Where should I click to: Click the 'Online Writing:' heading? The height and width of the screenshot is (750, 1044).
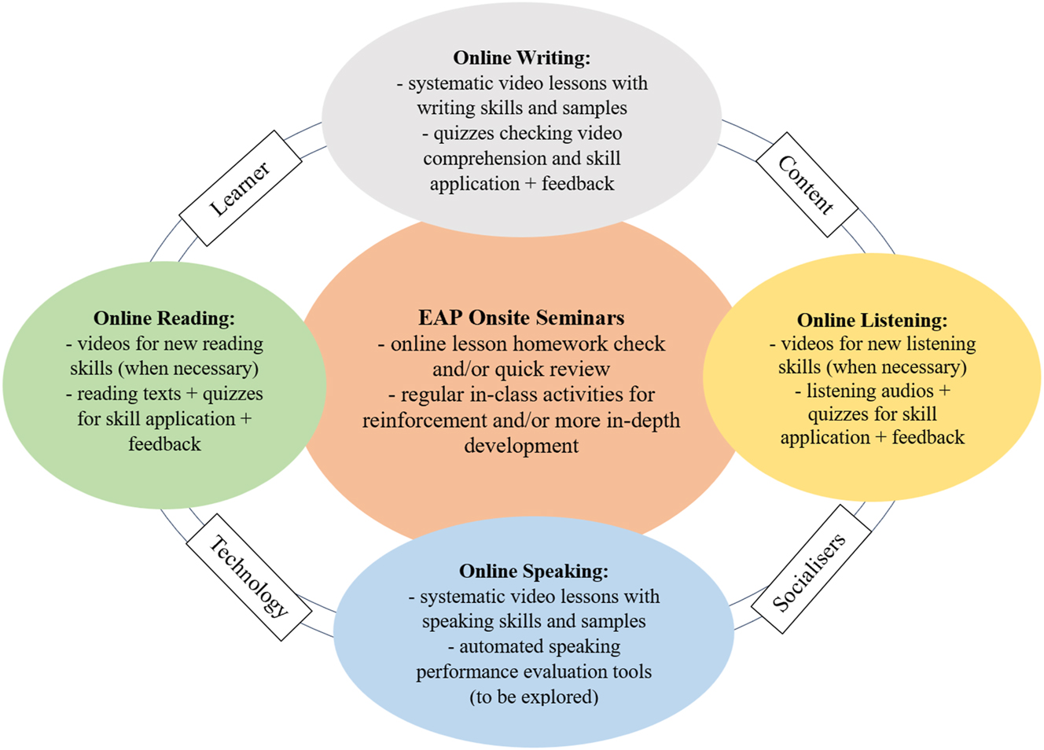[521, 57]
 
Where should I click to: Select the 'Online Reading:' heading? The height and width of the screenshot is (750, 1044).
[164, 318]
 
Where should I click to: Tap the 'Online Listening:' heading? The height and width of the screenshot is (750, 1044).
[872, 320]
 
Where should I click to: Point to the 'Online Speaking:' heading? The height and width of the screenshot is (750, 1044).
[533, 571]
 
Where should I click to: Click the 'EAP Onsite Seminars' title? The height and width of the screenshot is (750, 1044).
[521, 318]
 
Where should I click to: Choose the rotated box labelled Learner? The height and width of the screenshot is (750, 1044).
[241, 189]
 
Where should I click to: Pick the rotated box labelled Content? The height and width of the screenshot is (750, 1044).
[806, 185]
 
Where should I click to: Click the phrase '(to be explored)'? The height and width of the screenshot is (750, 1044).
[533, 697]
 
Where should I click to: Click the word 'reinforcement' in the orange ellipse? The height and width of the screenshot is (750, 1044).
[425, 420]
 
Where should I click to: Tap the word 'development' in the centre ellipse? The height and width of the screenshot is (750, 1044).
[521, 445]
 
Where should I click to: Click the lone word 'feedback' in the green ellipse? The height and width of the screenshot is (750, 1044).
[164, 444]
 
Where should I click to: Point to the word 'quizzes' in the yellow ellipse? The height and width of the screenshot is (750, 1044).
[838, 414]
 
